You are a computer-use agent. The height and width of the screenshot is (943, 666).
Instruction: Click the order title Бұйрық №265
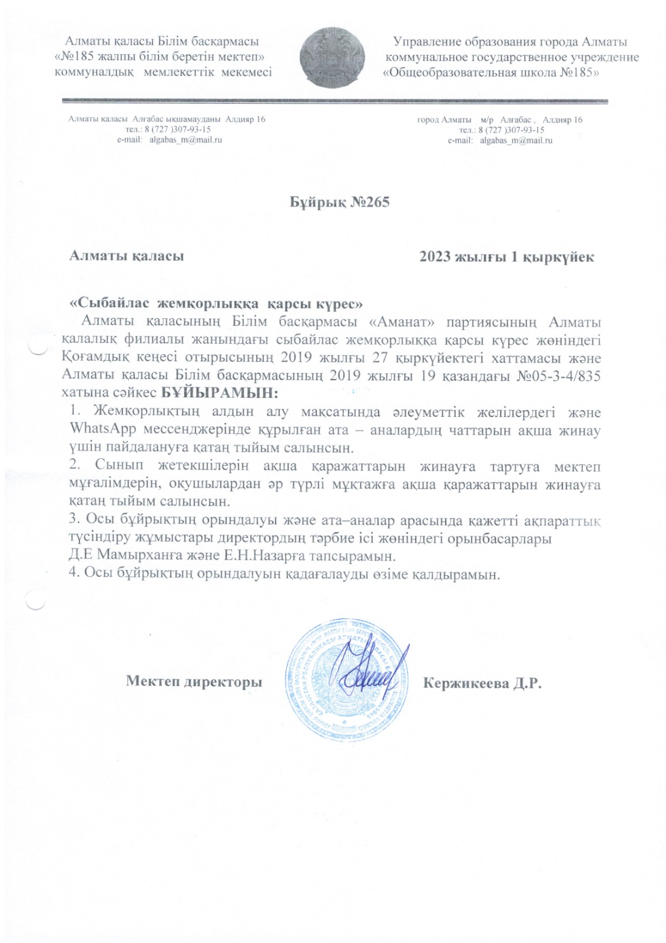340,202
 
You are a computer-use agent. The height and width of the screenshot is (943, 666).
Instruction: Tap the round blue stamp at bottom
346,679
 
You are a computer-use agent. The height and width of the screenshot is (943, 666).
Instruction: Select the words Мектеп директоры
194,682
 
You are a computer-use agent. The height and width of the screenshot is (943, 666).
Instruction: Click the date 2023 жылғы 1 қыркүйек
506,257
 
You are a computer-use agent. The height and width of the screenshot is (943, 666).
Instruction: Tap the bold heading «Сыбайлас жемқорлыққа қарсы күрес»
216,304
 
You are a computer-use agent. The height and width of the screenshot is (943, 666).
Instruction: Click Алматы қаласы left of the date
127,256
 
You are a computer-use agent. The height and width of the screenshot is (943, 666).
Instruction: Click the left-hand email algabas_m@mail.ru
185,140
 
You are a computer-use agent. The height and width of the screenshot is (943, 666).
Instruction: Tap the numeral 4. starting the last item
74,573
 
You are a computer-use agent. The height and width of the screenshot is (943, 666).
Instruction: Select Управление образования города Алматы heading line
510,42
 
